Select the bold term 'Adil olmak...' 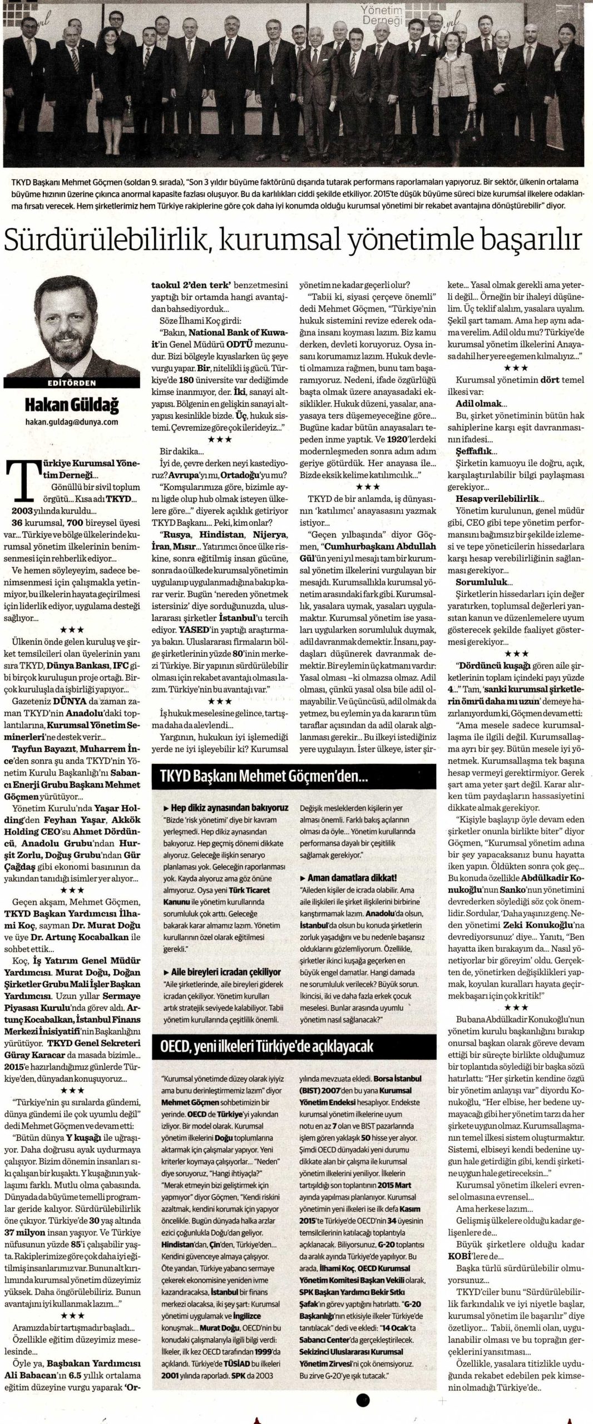click(x=478, y=403)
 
